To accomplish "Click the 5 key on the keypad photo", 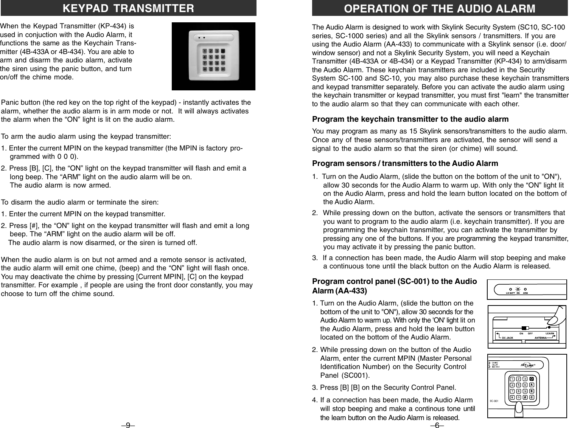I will point(211,57).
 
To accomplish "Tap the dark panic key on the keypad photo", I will point(223,51).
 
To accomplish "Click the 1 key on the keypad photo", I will point(205,51).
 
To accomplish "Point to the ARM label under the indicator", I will point(525,293).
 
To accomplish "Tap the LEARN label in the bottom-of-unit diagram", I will point(550,333).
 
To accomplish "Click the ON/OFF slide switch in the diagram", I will point(524,328).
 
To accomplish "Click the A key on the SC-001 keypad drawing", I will point(532,385).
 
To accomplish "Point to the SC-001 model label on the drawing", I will point(494,401).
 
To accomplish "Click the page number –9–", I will point(128,425).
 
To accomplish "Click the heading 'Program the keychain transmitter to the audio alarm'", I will point(410,119).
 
